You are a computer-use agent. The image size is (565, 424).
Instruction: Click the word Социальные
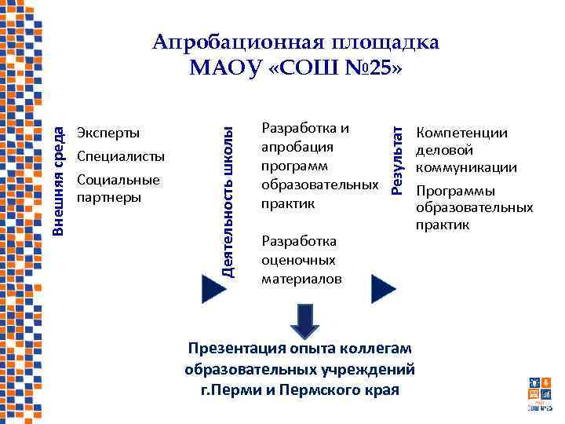(118, 180)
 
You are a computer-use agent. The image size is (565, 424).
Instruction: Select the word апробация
(297, 147)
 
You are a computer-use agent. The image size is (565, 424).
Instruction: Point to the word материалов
(302, 279)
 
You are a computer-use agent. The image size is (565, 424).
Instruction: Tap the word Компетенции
(461, 133)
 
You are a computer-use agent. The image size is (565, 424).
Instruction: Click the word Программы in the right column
(455, 191)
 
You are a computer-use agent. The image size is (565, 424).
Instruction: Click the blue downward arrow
(305, 320)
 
